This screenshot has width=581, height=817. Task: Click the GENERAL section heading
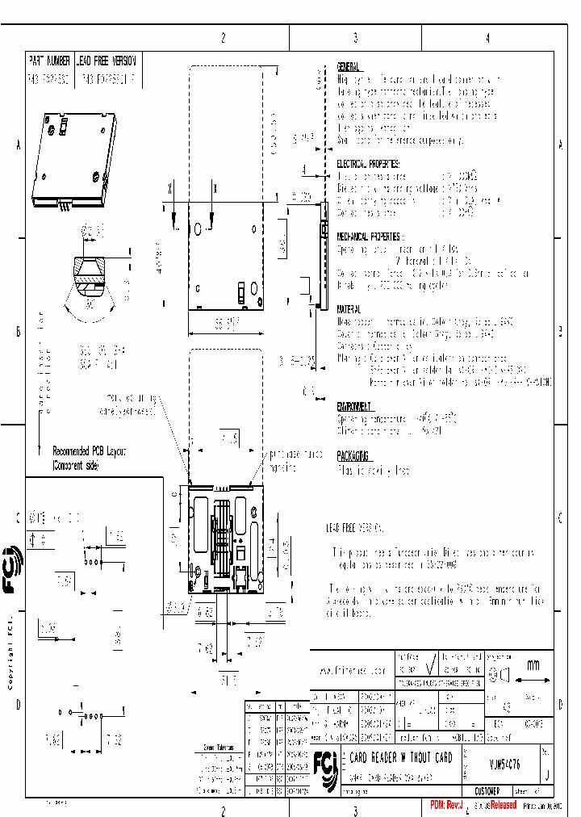349,68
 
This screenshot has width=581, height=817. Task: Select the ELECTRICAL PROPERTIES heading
369,164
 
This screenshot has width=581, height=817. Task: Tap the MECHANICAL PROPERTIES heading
368,237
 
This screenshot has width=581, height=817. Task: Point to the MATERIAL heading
349,309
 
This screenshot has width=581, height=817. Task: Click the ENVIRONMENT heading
354,407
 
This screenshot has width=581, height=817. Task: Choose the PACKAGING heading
353,455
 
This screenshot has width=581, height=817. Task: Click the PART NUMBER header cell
49,61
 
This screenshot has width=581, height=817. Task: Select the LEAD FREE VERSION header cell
107,61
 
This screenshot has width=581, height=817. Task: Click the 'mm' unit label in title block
533,665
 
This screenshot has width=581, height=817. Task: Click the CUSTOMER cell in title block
487,791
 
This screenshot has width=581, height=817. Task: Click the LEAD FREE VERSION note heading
355,525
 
